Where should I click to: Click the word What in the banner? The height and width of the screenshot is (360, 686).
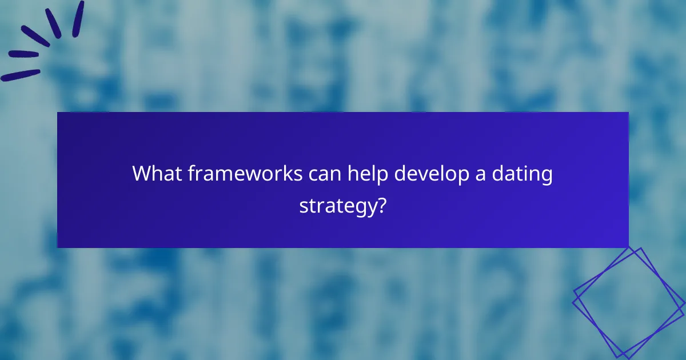tap(156, 174)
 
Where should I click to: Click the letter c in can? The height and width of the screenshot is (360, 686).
tap(312, 175)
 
